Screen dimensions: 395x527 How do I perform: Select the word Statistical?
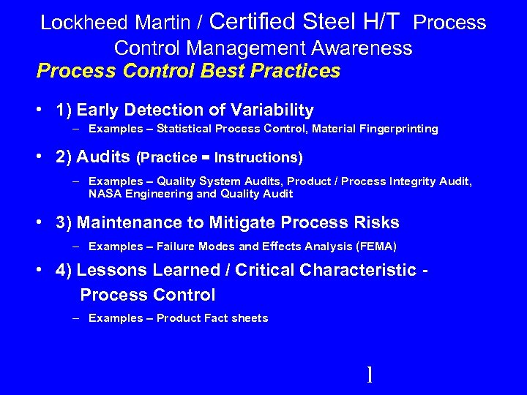(x=184, y=129)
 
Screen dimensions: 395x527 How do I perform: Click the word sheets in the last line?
(x=250, y=318)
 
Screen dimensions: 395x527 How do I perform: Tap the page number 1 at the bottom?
(x=370, y=375)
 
